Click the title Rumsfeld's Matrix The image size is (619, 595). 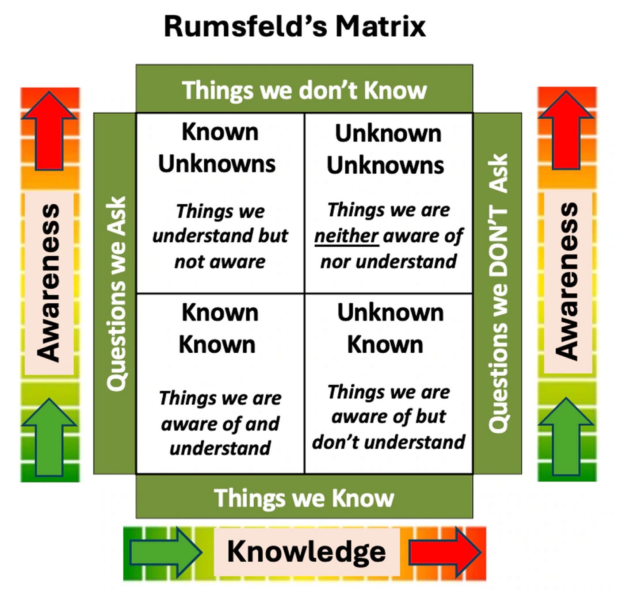pos(294,27)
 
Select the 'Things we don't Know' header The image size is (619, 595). pos(304,90)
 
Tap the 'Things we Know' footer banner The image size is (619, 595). pos(304,498)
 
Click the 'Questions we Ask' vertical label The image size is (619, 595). pos(116,294)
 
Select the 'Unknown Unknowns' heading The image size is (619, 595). pos(386,149)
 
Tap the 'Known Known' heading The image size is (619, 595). pos(218,328)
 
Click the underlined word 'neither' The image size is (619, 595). pos(346,236)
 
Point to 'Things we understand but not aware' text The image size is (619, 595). pos(220,236)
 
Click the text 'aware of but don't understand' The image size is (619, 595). pos(389,429)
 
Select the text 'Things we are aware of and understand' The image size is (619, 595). pos(220,423)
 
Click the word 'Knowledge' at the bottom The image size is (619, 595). pos(306,552)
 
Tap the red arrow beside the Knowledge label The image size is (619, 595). pos(444,552)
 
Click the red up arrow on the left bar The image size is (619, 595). pos(50,130)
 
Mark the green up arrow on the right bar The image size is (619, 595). pos(566,435)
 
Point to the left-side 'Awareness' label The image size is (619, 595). pos(49,283)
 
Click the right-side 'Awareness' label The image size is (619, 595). pos(567,282)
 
